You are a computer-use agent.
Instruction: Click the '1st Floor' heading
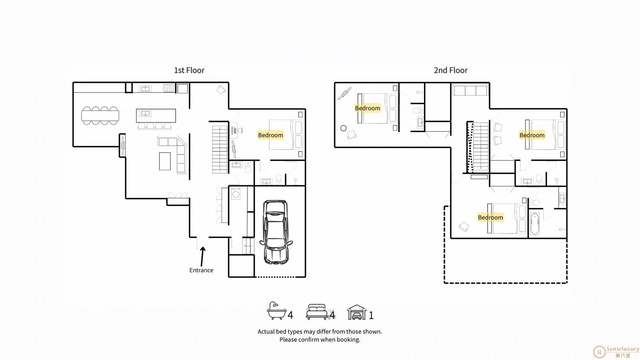189,70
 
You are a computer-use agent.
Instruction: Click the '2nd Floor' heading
450,70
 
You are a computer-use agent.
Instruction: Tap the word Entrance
201,270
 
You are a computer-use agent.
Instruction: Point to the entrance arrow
202,256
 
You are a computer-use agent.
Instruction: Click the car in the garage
276,232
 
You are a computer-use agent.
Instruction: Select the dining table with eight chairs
100,116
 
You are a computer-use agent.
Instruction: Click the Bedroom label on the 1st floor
270,135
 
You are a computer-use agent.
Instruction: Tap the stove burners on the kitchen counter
168,88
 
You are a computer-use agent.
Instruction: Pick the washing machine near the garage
236,194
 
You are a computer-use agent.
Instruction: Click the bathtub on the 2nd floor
534,224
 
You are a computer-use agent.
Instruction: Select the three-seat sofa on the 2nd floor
470,90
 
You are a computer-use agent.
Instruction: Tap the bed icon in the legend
316,312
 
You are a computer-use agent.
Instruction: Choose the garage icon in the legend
356,312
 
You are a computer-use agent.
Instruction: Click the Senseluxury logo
616,352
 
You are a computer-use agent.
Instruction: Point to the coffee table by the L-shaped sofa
165,162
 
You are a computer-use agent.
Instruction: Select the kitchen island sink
145,114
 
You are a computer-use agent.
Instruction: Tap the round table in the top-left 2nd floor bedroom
344,128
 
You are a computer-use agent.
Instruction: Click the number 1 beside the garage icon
371,316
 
